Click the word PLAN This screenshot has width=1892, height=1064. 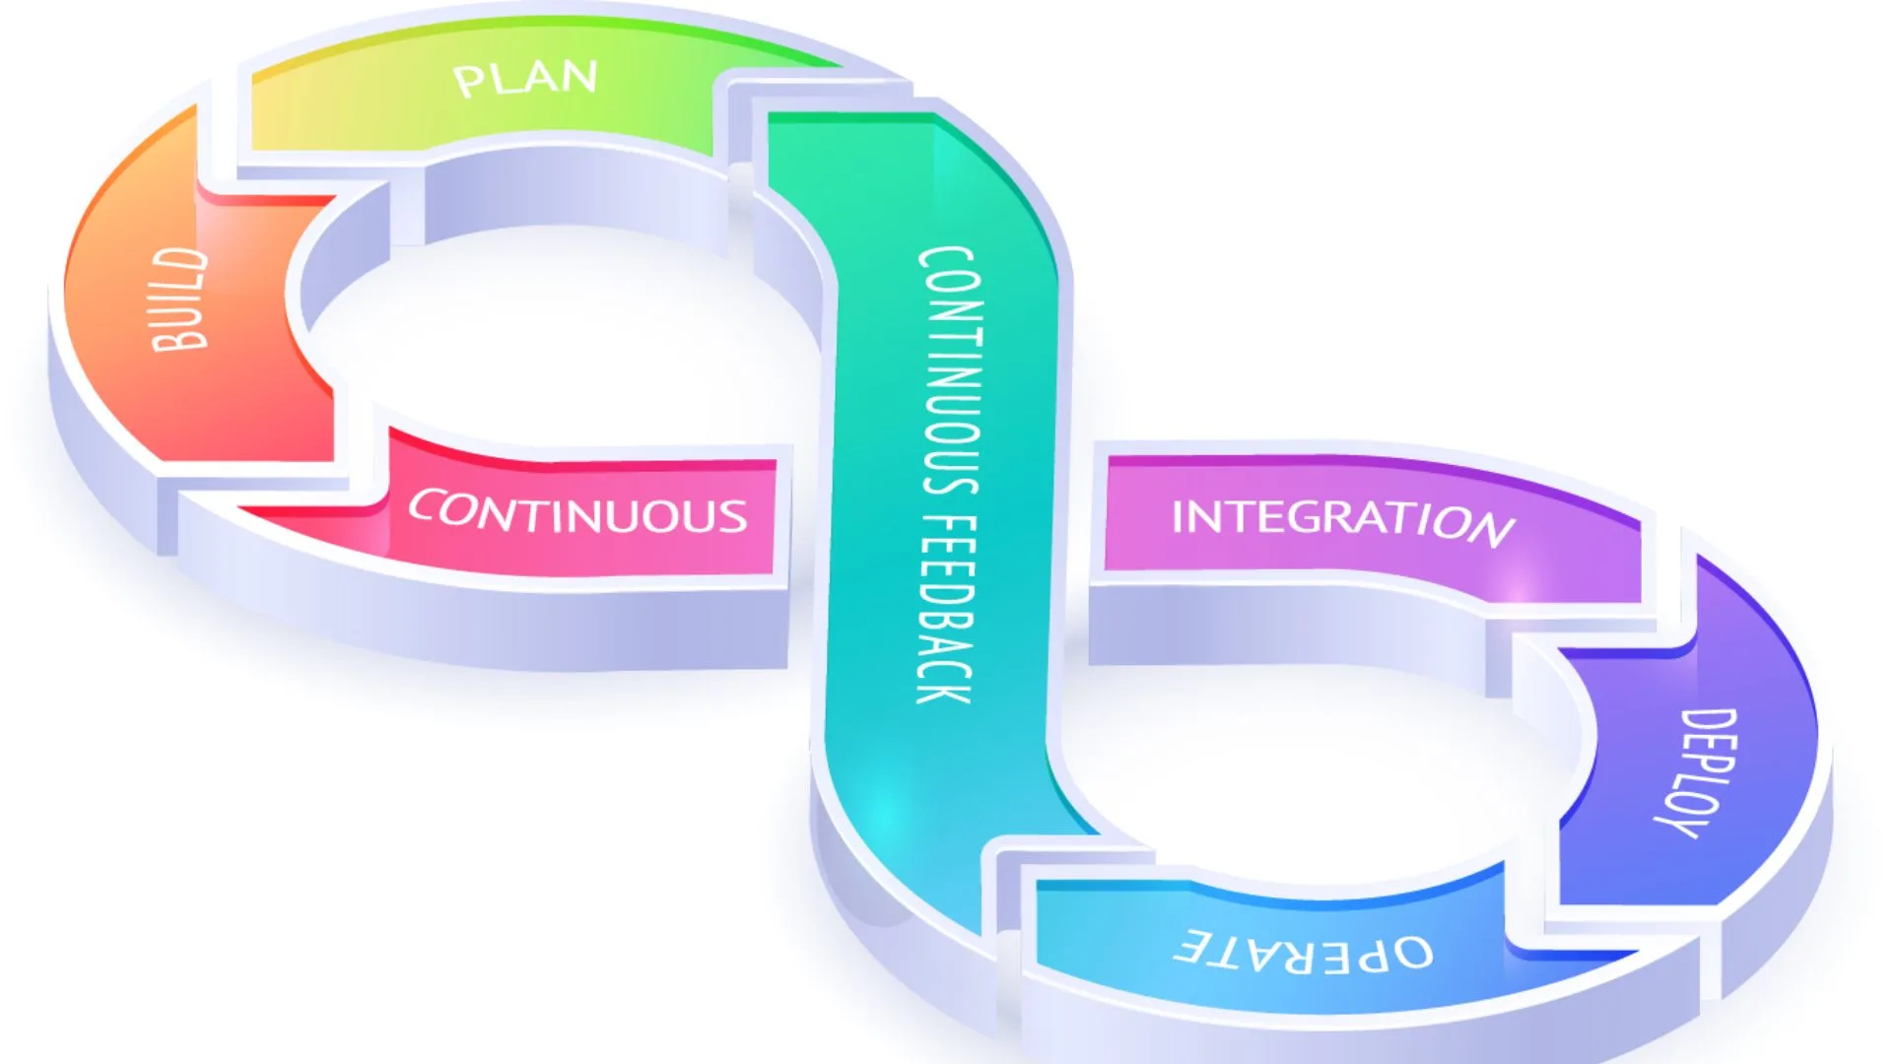coord(525,78)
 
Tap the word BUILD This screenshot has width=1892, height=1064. coord(179,299)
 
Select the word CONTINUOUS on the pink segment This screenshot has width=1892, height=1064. coord(578,512)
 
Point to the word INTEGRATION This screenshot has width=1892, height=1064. coord(1342,519)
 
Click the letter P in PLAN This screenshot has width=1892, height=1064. coord(469,82)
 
